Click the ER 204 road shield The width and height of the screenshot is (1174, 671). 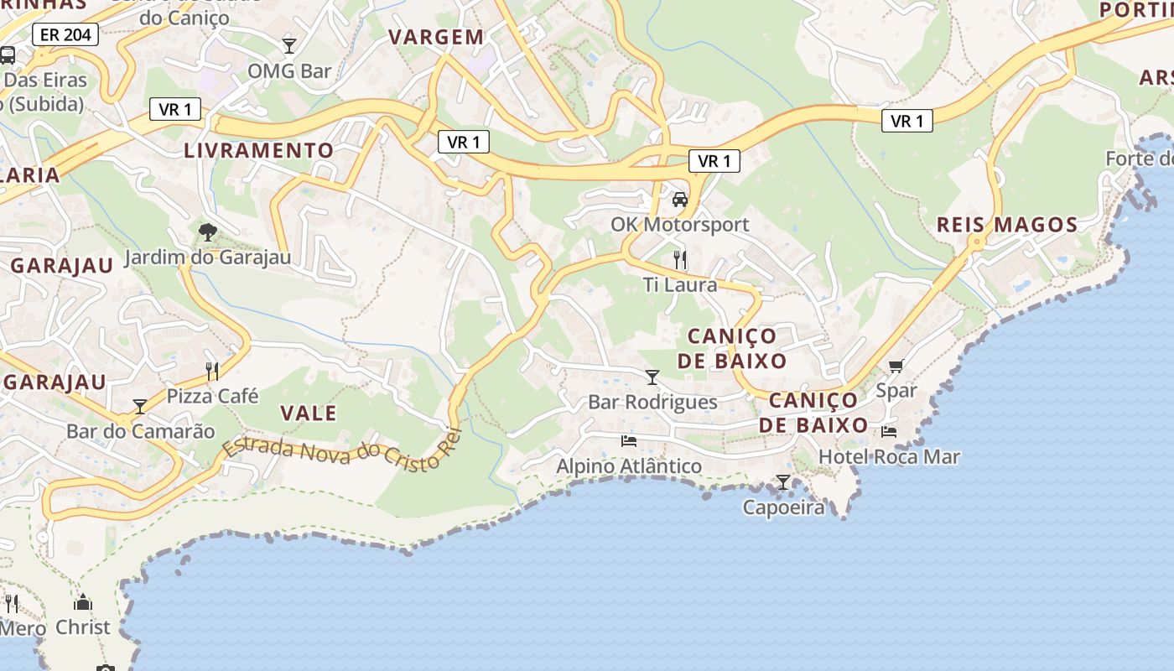[65, 34]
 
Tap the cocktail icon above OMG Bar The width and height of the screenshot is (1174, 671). [289, 45]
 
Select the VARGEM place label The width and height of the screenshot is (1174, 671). [437, 37]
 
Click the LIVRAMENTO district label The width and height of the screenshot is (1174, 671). [259, 151]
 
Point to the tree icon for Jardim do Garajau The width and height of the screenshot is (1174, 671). [207, 231]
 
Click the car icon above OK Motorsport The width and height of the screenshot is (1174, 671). [679, 200]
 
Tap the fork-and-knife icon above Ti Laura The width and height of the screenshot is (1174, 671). [680, 260]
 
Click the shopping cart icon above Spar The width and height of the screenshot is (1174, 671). [896, 366]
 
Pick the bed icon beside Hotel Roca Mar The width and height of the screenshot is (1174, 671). [889, 432]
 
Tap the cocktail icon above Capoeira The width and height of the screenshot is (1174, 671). [782, 482]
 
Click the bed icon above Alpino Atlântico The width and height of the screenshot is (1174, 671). [629, 440]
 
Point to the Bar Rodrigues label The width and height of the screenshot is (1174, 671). [652, 403]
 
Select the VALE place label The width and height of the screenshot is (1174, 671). [308, 413]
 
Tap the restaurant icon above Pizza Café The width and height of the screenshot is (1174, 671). [212, 371]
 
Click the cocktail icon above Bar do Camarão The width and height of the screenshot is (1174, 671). [140, 407]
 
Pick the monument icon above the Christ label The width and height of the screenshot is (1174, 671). [82, 602]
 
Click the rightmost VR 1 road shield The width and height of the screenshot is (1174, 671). [906, 121]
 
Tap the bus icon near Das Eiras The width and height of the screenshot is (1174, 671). [8, 55]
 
